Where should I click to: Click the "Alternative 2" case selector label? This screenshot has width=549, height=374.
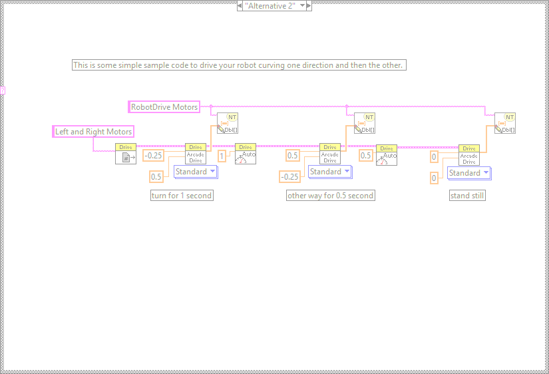(x=271, y=5)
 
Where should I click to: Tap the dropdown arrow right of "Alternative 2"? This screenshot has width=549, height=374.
(x=303, y=5)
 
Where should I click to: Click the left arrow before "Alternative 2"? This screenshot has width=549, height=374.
(x=240, y=5)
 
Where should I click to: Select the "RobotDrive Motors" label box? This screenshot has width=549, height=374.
(x=164, y=106)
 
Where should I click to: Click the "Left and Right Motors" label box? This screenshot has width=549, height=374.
(x=93, y=132)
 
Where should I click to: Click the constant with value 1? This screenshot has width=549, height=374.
(x=222, y=155)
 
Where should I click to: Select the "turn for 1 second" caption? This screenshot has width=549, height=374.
(x=182, y=196)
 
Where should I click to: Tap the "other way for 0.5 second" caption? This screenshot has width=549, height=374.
(x=330, y=196)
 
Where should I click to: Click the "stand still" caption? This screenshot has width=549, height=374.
(x=467, y=196)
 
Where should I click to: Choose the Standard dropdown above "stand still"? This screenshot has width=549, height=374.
(x=468, y=173)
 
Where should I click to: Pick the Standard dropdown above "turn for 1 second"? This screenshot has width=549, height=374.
(x=195, y=172)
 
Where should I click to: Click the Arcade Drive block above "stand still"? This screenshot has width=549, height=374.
(x=469, y=155)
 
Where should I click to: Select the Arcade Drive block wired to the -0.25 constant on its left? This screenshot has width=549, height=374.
(x=196, y=154)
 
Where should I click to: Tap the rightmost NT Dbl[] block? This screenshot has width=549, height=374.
(x=505, y=123)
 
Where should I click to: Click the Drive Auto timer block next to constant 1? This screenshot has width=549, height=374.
(x=246, y=154)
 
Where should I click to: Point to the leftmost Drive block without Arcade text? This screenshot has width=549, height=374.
(x=126, y=154)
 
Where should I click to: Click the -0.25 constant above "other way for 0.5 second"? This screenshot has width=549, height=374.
(x=289, y=176)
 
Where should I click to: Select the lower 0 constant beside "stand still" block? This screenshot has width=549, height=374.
(x=434, y=178)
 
